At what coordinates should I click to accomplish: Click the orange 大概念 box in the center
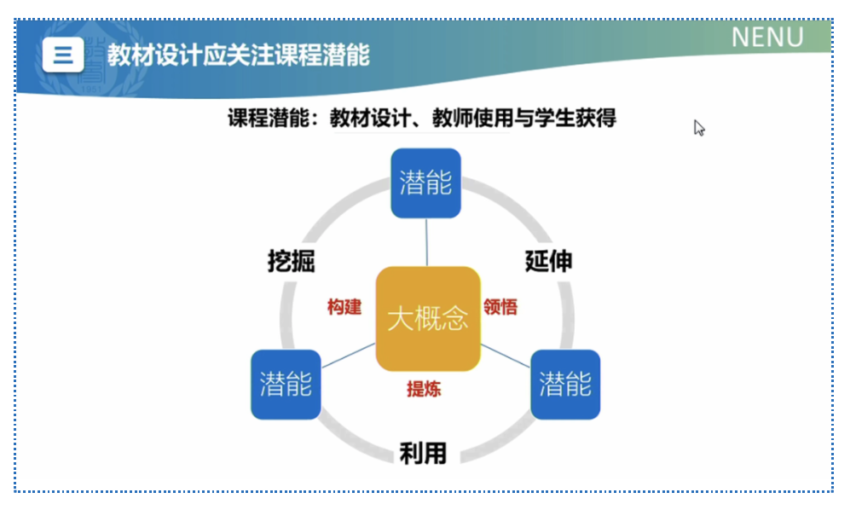pyautogui.click(x=428, y=319)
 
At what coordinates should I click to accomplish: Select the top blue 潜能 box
pyautogui.click(x=425, y=183)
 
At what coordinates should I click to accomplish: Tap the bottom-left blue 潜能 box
pyautogui.click(x=286, y=385)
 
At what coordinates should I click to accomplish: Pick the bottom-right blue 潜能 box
pyautogui.click(x=565, y=385)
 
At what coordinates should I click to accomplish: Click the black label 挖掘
pyautogui.click(x=291, y=261)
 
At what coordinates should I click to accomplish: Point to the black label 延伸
pyautogui.click(x=549, y=261)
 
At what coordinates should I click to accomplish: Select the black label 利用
pyautogui.click(x=423, y=453)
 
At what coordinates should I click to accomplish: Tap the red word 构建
pyautogui.click(x=344, y=307)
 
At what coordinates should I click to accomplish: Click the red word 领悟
pyautogui.click(x=500, y=307)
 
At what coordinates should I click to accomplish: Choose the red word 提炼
pyautogui.click(x=424, y=389)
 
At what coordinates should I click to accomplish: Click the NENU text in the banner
pyautogui.click(x=767, y=38)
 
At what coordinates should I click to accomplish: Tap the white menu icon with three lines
pyautogui.click(x=63, y=55)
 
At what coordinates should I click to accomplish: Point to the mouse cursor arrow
pyautogui.click(x=699, y=128)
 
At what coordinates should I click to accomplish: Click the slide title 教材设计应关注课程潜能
pyautogui.click(x=238, y=55)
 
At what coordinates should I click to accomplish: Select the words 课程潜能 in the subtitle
pyautogui.click(x=269, y=118)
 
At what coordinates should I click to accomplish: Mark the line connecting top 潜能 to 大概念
pyautogui.click(x=427, y=242)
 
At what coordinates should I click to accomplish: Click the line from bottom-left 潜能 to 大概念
pyautogui.click(x=349, y=356)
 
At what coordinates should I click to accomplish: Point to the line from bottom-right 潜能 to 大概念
pyautogui.click(x=506, y=356)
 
